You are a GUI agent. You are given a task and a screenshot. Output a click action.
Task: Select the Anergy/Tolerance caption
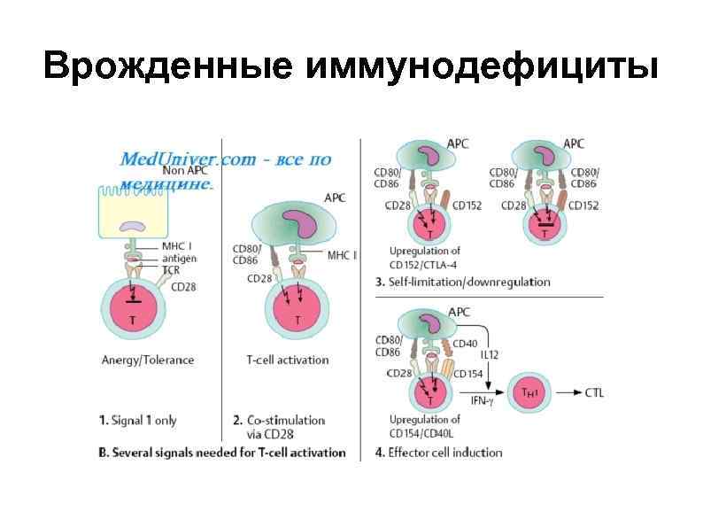click(x=148, y=360)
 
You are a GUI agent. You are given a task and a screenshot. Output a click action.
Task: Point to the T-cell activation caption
click(x=287, y=360)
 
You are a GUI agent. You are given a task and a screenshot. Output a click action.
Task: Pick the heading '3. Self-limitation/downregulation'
click(x=463, y=282)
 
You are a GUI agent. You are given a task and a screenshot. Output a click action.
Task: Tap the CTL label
click(x=594, y=392)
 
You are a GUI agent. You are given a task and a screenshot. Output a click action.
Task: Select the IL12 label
click(x=491, y=355)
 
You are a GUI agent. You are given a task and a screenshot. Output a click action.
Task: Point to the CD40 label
click(x=465, y=344)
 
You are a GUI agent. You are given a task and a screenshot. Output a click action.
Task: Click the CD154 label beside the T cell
click(x=468, y=374)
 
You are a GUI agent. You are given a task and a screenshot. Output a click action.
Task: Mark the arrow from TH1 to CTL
click(x=568, y=392)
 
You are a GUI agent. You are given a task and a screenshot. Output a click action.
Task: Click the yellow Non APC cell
click(x=133, y=216)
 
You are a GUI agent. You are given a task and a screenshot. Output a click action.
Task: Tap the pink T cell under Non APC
click(x=133, y=310)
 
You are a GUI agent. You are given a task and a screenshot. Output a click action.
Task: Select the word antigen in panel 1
click(x=180, y=258)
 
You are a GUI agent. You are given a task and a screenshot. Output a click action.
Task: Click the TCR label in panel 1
click(x=171, y=268)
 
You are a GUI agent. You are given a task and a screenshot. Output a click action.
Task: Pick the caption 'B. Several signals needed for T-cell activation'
click(x=221, y=453)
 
